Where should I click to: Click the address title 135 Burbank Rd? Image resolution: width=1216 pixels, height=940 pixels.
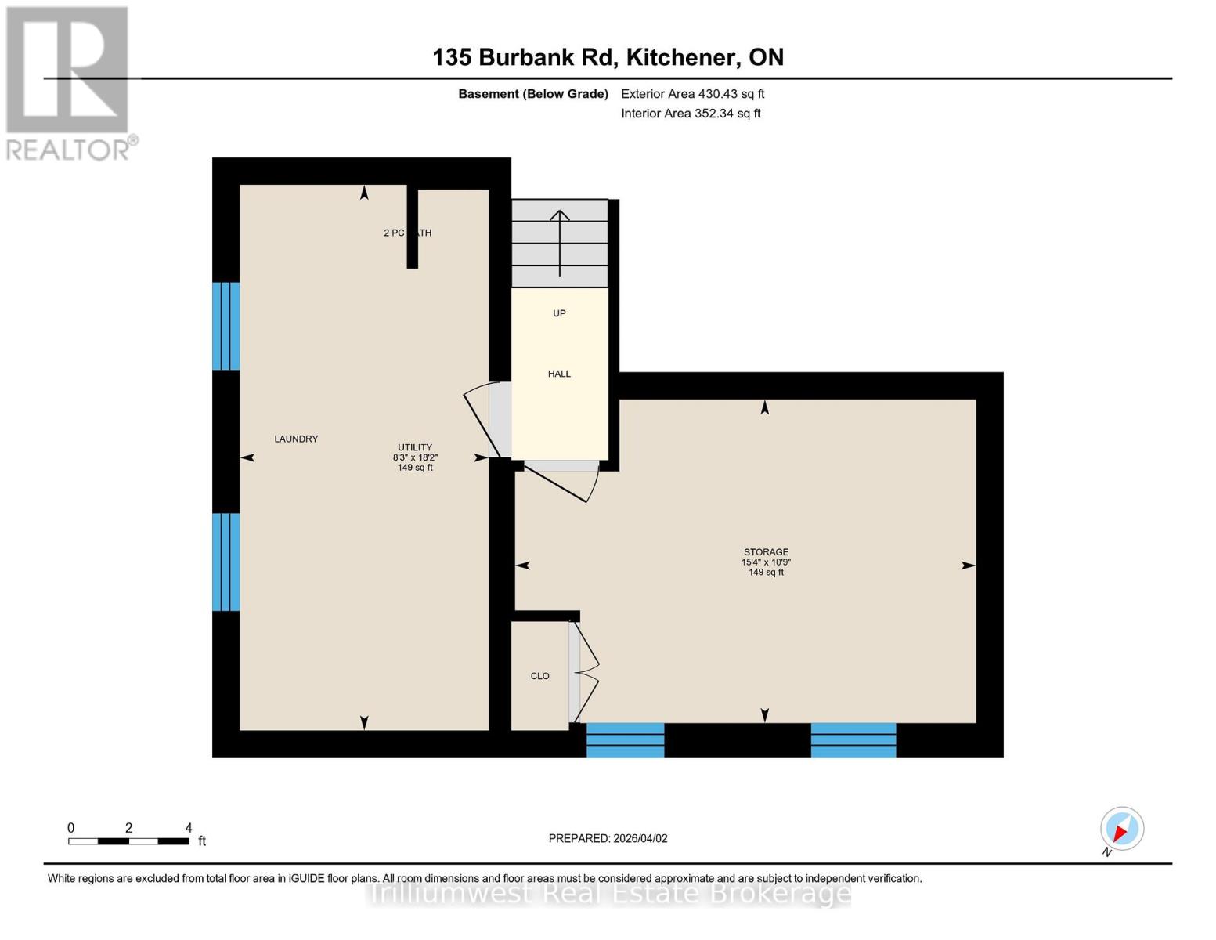click(608, 57)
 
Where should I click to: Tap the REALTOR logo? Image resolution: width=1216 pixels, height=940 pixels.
click(69, 83)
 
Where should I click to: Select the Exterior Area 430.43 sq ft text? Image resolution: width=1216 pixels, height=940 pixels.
click(692, 94)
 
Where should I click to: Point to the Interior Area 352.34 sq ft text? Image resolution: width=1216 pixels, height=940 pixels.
click(691, 114)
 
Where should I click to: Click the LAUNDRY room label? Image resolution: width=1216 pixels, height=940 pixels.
click(296, 439)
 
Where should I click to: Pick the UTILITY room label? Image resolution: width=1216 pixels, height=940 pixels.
click(415, 447)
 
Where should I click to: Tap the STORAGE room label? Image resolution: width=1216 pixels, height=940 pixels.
click(766, 552)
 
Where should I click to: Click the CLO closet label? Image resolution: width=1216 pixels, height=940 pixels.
click(539, 676)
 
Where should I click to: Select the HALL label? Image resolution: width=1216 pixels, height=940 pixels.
click(559, 374)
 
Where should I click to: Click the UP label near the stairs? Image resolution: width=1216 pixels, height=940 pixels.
click(559, 313)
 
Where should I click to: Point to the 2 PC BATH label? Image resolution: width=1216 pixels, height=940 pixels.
click(407, 233)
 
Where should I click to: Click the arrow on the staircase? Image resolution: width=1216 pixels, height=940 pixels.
click(560, 243)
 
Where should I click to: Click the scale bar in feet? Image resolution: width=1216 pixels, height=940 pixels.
click(128, 841)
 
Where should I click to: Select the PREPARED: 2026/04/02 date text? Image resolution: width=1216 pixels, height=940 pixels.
click(608, 838)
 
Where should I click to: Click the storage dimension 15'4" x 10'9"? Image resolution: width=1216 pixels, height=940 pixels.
click(766, 562)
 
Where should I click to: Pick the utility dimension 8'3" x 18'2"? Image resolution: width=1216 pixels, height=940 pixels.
click(415, 457)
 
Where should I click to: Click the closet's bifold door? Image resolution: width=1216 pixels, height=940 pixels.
click(586, 672)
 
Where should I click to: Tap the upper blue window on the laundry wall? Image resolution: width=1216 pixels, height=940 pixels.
click(226, 326)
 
